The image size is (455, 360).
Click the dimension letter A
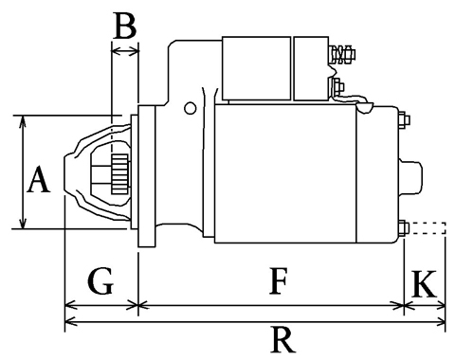39,179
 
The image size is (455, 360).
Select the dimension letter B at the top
125,27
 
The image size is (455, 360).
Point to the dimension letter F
278,280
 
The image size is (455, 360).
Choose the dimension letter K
425,283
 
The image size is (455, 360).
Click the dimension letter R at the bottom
282,339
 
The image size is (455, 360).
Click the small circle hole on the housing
190,108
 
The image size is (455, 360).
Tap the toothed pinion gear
120,173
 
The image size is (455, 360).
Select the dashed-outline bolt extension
428,228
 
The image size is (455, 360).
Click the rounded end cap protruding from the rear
410,177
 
